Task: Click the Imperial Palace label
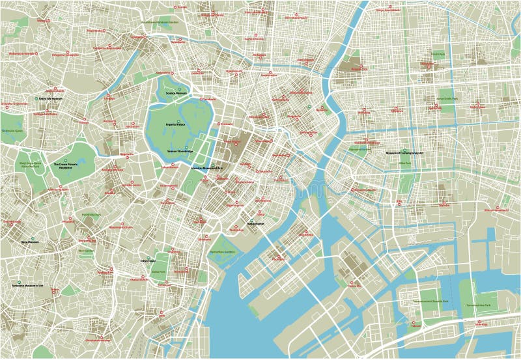click(176, 123)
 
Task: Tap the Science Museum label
click(176, 93)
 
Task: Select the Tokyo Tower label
click(148, 260)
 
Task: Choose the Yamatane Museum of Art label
click(27, 286)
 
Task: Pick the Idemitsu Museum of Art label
click(206, 167)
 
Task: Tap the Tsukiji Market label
click(256, 225)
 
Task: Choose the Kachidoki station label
click(278, 258)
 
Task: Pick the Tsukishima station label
click(299, 233)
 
